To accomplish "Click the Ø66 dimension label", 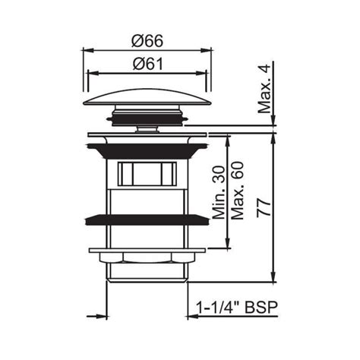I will [144, 41].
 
